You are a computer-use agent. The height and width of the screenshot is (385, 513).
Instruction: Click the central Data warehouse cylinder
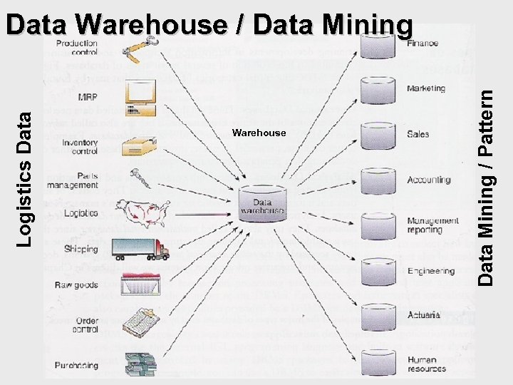coord(262,203)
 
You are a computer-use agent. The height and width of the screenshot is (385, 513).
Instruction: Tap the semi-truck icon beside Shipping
coord(140,249)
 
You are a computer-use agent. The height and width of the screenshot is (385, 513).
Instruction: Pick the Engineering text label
coord(430,271)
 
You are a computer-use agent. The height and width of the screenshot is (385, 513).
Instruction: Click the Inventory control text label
coord(79,147)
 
